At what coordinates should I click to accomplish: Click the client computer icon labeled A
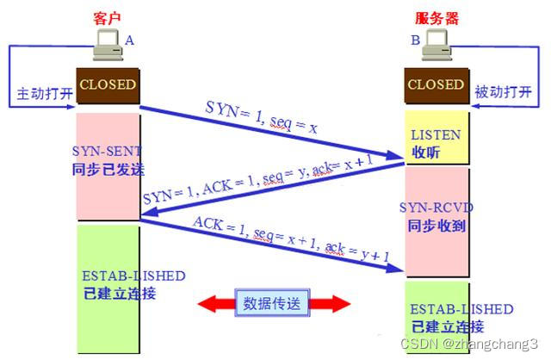click(x=109, y=45)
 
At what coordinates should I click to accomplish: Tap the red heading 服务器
click(x=436, y=17)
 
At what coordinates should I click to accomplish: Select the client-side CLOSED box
click(x=108, y=84)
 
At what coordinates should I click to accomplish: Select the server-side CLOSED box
click(x=435, y=84)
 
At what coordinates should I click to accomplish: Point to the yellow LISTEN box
click(x=436, y=143)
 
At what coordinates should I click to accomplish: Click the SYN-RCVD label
click(x=436, y=208)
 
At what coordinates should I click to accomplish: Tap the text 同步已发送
click(x=105, y=169)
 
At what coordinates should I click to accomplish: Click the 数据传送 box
click(x=274, y=302)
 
